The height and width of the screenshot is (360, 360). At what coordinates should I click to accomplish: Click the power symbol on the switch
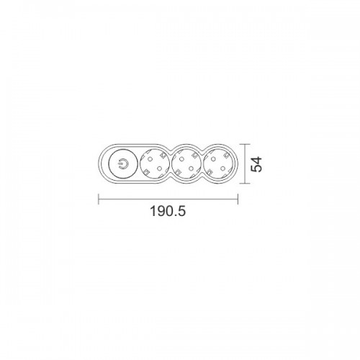coord(122,164)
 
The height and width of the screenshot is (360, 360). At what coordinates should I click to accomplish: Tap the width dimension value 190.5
coord(168,212)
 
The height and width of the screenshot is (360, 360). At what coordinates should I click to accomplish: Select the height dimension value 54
coord(256,164)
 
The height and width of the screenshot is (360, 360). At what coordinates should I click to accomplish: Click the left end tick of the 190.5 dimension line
coord(99,199)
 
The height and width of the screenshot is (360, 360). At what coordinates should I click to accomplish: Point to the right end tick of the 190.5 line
coord(238,199)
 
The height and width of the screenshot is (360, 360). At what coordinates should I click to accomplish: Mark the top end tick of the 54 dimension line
coord(245,144)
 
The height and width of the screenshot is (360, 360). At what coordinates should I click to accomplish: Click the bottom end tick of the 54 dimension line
coord(245,184)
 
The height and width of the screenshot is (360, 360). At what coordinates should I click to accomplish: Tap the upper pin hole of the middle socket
coord(181,158)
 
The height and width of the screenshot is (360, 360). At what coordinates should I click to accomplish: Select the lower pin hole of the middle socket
coord(191,168)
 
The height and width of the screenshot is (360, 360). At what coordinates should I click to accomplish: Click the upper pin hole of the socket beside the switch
coord(150,159)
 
